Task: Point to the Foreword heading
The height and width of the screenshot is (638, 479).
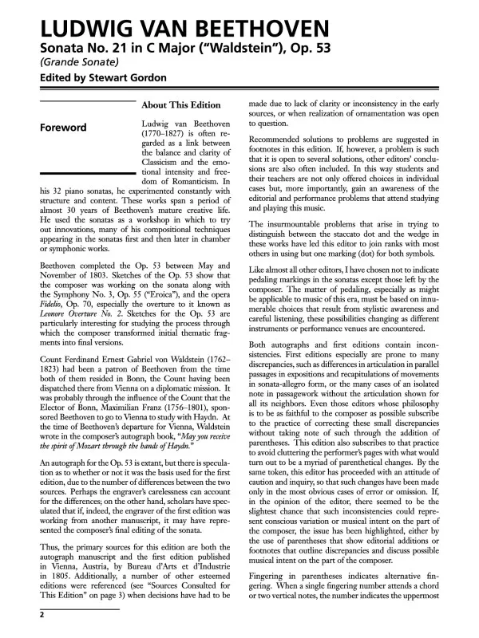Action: pos(64,128)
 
